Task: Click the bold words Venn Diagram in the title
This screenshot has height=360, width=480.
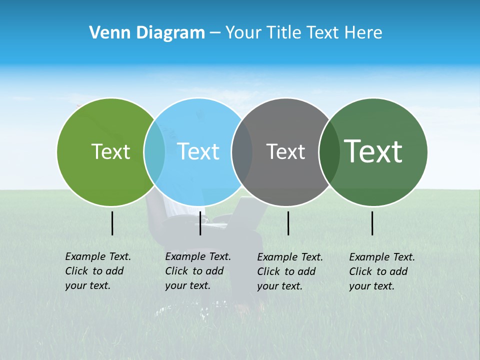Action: pos(147,33)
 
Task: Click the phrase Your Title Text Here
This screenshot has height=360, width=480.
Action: pos(303,33)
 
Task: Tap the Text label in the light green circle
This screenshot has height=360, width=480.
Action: pos(110,151)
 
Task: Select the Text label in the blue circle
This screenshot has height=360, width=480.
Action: pos(198,151)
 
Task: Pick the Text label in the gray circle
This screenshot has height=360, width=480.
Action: pos(285,151)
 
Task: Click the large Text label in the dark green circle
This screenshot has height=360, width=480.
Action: pos(373,151)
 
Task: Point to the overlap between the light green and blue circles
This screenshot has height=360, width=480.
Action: pos(154,152)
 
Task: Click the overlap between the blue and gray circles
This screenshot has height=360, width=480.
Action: pos(242,152)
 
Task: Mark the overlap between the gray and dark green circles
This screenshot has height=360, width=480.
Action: pos(329,152)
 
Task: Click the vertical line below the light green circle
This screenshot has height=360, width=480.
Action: pos(112,223)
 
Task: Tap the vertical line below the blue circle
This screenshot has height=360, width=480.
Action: pos(200,223)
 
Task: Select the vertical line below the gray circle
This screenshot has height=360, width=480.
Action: pos(288,223)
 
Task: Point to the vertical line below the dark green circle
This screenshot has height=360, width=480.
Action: pos(372,223)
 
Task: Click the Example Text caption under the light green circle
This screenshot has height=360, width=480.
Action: pos(98,271)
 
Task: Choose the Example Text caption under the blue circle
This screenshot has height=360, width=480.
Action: pos(198,271)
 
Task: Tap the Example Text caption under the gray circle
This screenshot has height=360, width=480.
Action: pos(290,271)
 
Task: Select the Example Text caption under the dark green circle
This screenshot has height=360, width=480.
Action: pos(382,271)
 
